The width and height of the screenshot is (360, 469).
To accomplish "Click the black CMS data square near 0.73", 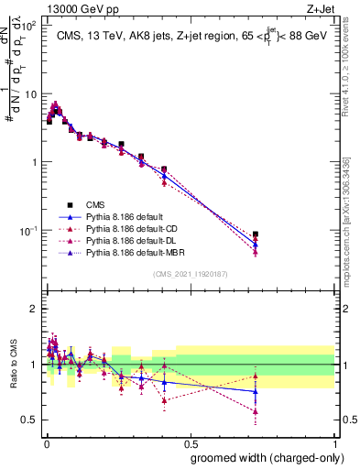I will tap(256, 234).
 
